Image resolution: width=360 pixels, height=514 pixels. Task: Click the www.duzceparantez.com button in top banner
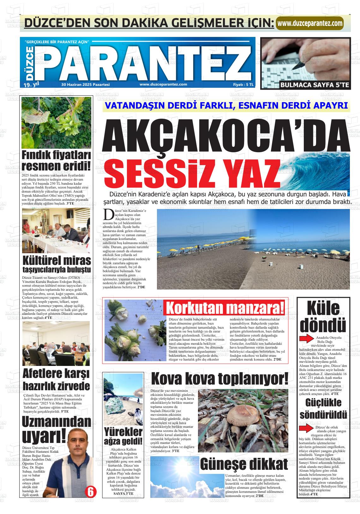coord(310,23)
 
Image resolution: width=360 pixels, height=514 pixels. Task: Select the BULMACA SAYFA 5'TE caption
coord(315,85)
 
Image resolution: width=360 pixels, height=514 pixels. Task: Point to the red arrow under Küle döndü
coord(306,339)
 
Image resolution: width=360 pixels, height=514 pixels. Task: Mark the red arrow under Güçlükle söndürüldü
coord(306,429)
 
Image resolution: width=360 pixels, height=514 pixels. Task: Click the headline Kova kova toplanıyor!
coord(219,379)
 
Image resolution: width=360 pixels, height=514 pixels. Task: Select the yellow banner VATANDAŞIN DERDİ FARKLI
coord(226,106)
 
